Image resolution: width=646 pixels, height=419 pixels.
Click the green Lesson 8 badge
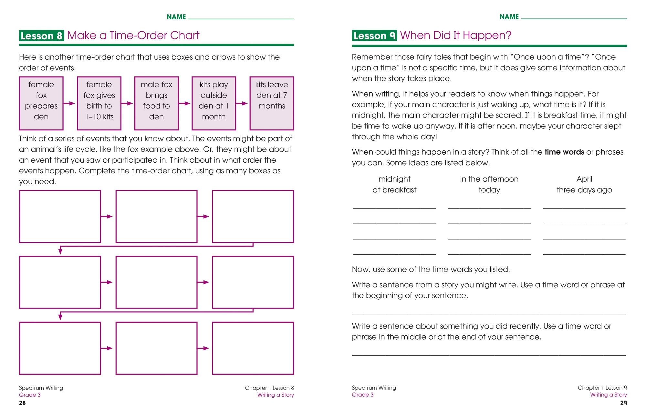click(x=41, y=36)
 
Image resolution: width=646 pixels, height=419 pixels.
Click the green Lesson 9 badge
click(x=374, y=36)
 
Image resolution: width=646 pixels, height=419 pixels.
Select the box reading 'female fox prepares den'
click(x=41, y=103)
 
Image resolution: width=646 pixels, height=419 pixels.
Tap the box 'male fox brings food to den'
click(x=156, y=103)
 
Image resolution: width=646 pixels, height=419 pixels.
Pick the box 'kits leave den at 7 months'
click(x=272, y=103)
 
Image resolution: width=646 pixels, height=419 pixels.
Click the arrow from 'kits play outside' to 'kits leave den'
click(x=242, y=103)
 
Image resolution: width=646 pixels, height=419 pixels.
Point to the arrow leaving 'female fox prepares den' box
click(x=69, y=103)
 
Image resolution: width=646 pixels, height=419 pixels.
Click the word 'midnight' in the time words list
click(x=394, y=179)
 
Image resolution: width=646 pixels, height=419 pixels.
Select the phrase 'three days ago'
click(x=584, y=190)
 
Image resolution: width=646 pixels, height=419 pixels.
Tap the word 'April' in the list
click(x=584, y=179)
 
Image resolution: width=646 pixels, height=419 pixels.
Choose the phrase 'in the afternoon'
click(x=489, y=179)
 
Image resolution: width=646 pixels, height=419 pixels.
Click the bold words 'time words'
click(x=564, y=152)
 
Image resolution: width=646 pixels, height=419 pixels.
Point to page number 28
click(x=22, y=403)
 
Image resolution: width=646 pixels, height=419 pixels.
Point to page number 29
click(x=623, y=403)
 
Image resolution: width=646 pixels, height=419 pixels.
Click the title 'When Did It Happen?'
click(x=456, y=35)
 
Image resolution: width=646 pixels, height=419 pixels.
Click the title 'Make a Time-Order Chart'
click(x=133, y=35)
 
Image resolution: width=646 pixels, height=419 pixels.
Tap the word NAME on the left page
click(x=176, y=17)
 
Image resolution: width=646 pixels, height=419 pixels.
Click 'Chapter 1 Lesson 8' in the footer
click(x=269, y=388)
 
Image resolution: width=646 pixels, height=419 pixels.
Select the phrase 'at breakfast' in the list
click(x=394, y=190)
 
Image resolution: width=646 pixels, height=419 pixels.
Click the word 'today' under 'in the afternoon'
click(x=489, y=190)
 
